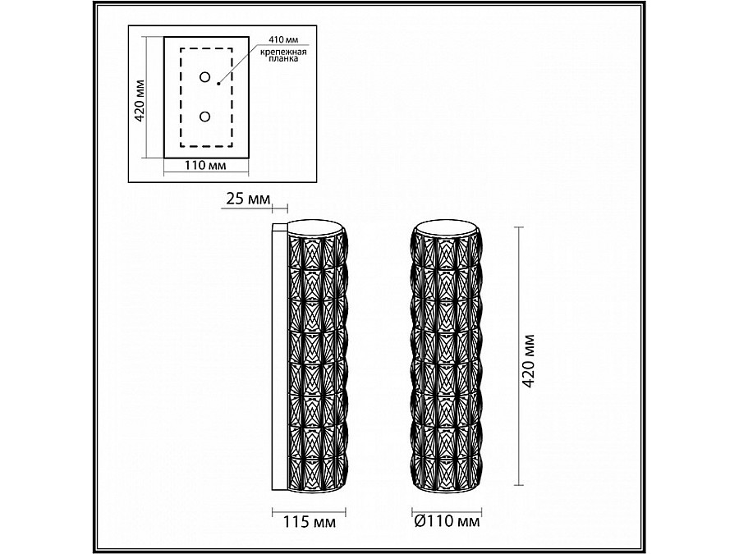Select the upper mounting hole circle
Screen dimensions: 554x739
click(x=204, y=78)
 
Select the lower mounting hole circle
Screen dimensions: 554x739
click(x=204, y=117)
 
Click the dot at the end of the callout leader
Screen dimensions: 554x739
click(x=219, y=82)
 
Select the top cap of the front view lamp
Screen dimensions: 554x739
click(x=444, y=225)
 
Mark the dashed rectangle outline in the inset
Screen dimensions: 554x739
click(x=181, y=98)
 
